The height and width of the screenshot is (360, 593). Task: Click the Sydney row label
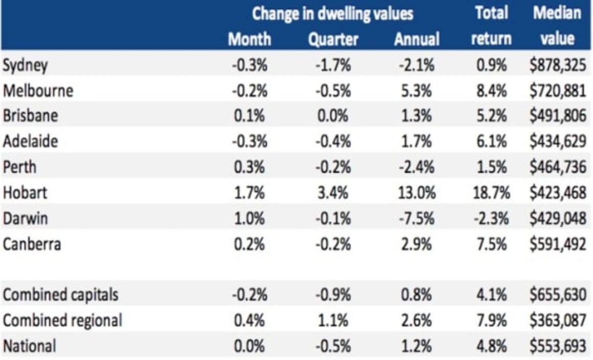pos(26,66)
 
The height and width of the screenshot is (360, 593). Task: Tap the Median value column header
pos(557,26)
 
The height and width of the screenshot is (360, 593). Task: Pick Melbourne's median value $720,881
pos(557,91)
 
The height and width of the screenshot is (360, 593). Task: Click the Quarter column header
pos(333,39)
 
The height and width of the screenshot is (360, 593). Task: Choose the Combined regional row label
pos(62,321)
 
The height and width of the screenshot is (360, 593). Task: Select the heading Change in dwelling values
pos(332,13)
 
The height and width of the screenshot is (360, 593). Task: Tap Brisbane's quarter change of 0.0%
pos(333,116)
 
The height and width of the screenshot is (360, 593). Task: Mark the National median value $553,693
pos(557,346)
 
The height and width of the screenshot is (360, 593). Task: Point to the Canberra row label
pos(32,244)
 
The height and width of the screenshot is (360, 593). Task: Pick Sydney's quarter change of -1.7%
pos(333,65)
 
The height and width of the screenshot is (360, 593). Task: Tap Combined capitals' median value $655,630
pos(557,295)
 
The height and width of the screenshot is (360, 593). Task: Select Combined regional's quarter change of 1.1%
pos(333,321)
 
